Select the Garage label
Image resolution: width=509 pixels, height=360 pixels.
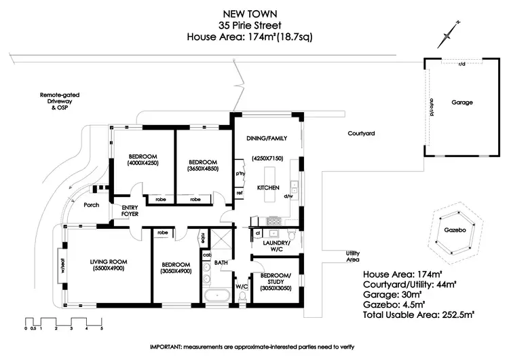[462, 103]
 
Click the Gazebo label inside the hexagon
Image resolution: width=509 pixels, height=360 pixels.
[455, 231]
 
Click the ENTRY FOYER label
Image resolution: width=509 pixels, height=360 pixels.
[130, 211]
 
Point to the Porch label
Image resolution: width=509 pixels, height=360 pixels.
[91, 204]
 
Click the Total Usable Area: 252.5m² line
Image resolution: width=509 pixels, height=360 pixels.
[418, 314]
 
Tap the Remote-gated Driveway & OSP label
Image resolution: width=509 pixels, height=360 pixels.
[54, 103]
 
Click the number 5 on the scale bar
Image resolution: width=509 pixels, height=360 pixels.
[101, 328]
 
